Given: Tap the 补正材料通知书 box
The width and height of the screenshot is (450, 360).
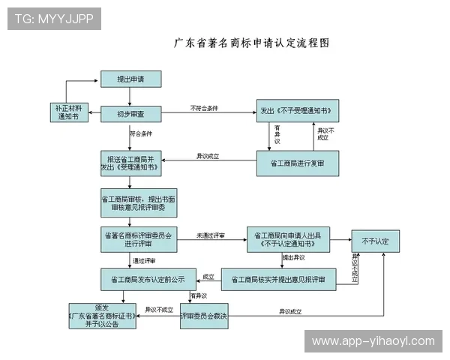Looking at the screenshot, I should coord(67,112).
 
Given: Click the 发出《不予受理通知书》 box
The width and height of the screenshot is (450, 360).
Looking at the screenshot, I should coord(296,110).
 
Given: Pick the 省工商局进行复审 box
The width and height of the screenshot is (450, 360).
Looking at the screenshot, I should coord(297,163).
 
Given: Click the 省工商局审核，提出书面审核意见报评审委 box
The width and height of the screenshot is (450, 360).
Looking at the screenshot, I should coord(128,202).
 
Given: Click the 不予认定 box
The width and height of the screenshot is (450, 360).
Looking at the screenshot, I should coord(375,241).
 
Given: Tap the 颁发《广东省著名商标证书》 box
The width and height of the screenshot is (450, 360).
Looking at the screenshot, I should coord(101,316).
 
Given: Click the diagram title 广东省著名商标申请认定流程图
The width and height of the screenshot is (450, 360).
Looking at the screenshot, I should coord(251,43).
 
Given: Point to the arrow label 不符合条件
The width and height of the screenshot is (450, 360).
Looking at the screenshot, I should coord(204,109).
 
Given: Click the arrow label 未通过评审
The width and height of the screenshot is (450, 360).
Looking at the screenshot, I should coord(211,235).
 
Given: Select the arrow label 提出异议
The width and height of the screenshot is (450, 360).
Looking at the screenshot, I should coord(293,257).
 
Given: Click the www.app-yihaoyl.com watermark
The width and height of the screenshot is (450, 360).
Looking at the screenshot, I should coord(372,341).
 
